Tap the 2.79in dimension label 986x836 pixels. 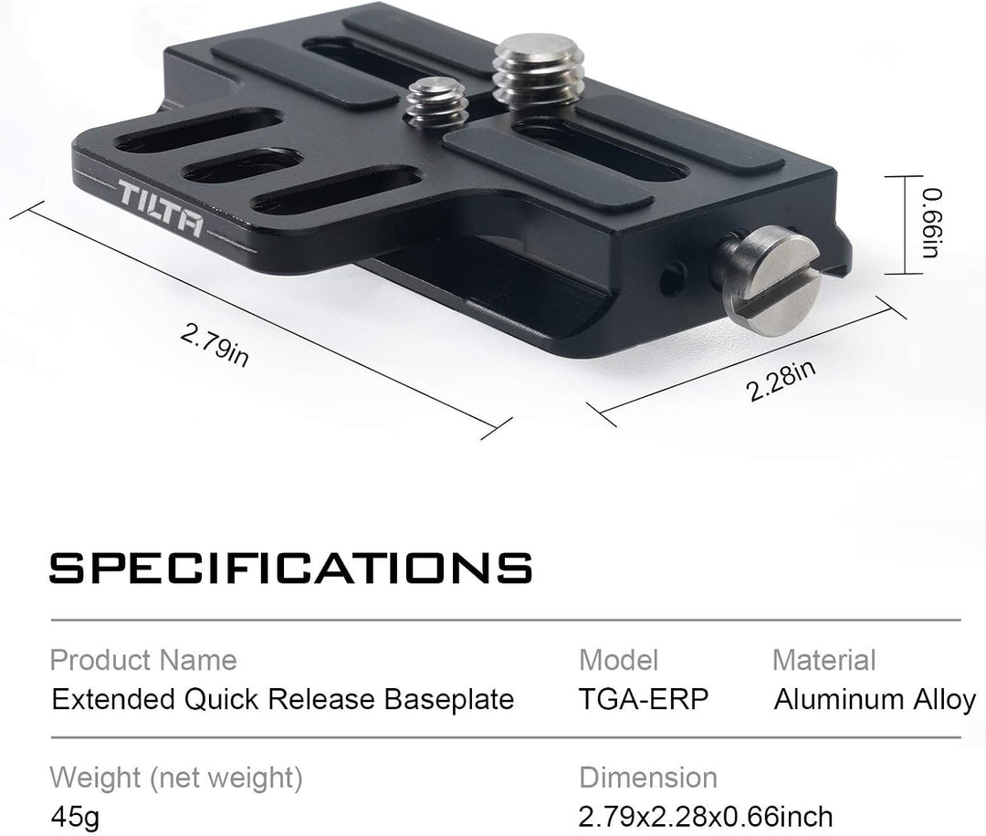[x=214, y=345]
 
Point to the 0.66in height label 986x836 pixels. [x=930, y=224]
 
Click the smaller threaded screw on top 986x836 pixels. [x=436, y=101]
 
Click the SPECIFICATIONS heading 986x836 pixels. [x=290, y=568]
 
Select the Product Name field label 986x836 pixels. [x=143, y=660]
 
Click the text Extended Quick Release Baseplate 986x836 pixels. [x=283, y=700]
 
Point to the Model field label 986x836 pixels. [x=618, y=660]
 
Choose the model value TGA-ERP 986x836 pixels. [x=644, y=700]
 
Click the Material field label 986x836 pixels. [x=823, y=660]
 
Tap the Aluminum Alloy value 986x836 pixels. [x=875, y=700]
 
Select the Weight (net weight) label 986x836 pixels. [x=175, y=778]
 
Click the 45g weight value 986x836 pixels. [x=74, y=817]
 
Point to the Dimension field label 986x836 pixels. [x=648, y=778]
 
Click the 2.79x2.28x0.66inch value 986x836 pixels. [x=706, y=817]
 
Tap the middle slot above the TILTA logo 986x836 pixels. [x=241, y=165]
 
